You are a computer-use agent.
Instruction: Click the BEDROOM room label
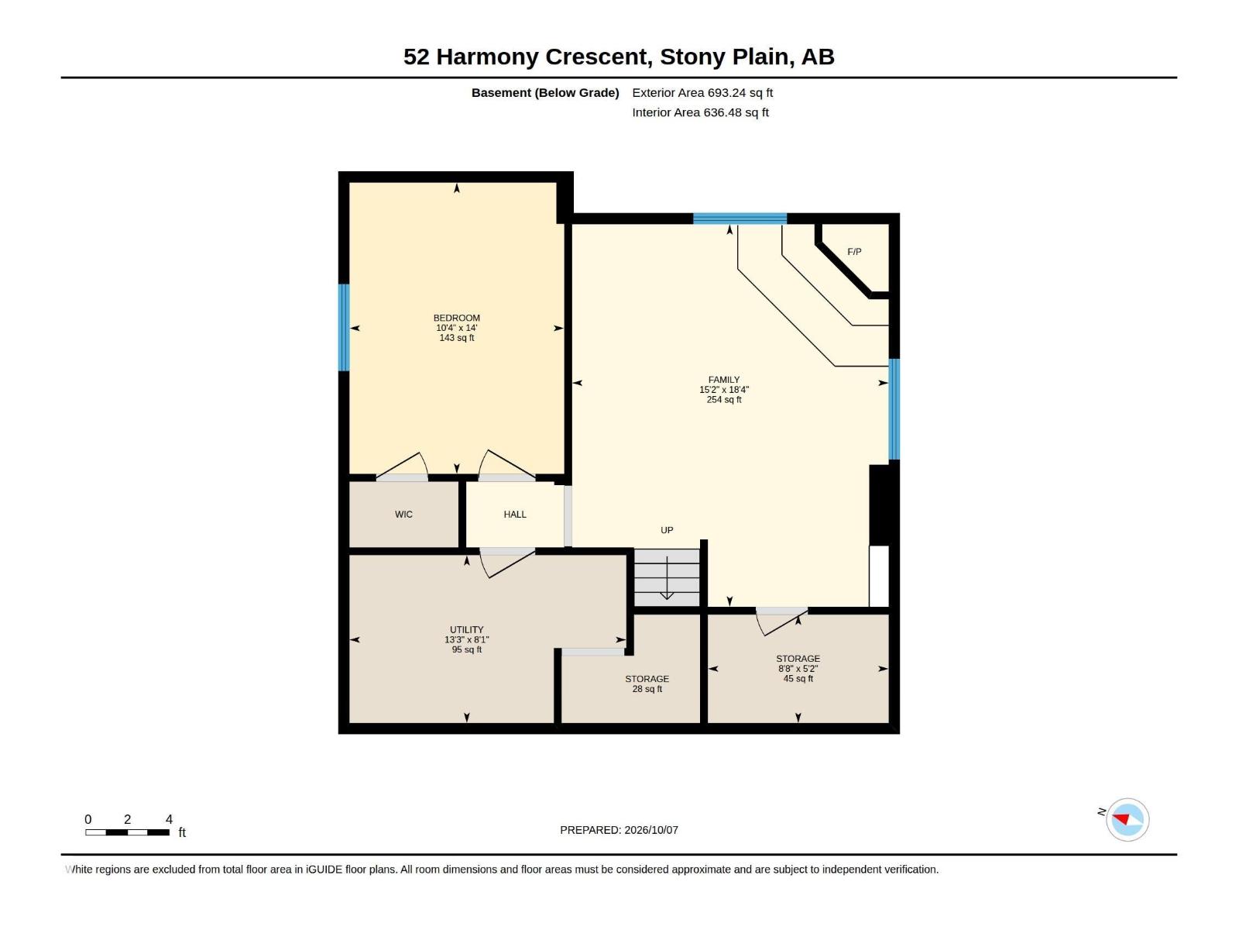tap(457, 318)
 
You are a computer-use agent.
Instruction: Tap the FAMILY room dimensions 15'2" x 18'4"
tap(723, 390)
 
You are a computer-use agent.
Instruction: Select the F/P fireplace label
tap(854, 252)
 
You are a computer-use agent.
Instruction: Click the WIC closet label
tap(403, 515)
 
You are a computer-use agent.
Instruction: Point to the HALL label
tap(515, 515)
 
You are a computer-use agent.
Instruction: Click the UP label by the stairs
tap(667, 530)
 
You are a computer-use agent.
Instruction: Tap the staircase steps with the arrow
tap(667, 577)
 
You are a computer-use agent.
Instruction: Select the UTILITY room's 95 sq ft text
tap(467, 649)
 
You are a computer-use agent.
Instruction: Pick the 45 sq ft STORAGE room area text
tap(798, 678)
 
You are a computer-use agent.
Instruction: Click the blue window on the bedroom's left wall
tap(344, 328)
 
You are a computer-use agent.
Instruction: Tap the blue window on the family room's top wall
tap(740, 219)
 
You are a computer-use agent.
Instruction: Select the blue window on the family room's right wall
tap(894, 409)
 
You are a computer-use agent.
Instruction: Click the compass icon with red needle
tap(1127, 819)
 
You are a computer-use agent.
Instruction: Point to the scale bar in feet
tap(128, 832)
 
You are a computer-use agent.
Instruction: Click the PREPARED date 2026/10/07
tap(650, 830)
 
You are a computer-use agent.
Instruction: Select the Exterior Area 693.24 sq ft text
tap(702, 92)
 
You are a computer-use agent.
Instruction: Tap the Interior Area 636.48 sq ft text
tap(700, 112)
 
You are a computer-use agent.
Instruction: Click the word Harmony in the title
tap(488, 57)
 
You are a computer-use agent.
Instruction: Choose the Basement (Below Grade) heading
tap(545, 92)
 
